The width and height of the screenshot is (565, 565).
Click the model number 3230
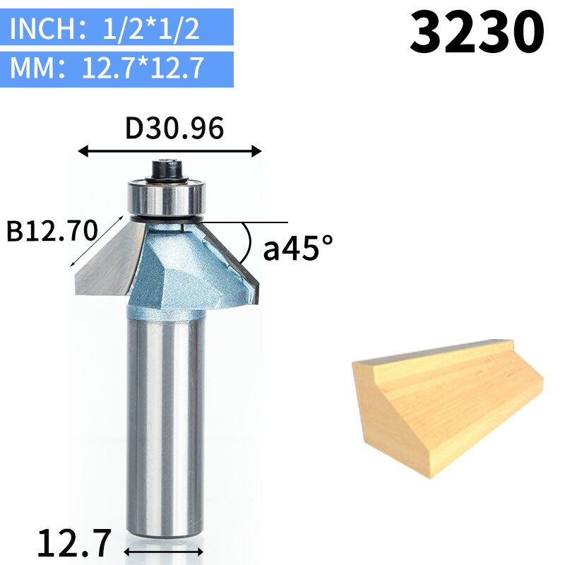click(477, 32)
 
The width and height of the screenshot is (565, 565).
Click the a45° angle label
click(297, 249)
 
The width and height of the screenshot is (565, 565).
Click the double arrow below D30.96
click(169, 150)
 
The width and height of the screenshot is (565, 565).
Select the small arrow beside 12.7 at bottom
click(165, 549)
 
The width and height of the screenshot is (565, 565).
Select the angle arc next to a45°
click(248, 244)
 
